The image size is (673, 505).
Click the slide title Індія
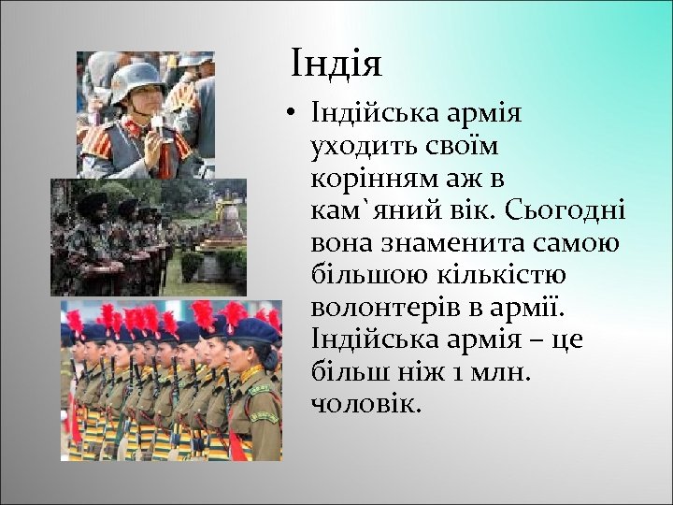coord(336,65)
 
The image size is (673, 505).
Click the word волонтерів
coord(379,307)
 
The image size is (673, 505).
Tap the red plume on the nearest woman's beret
coord(235,312)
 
